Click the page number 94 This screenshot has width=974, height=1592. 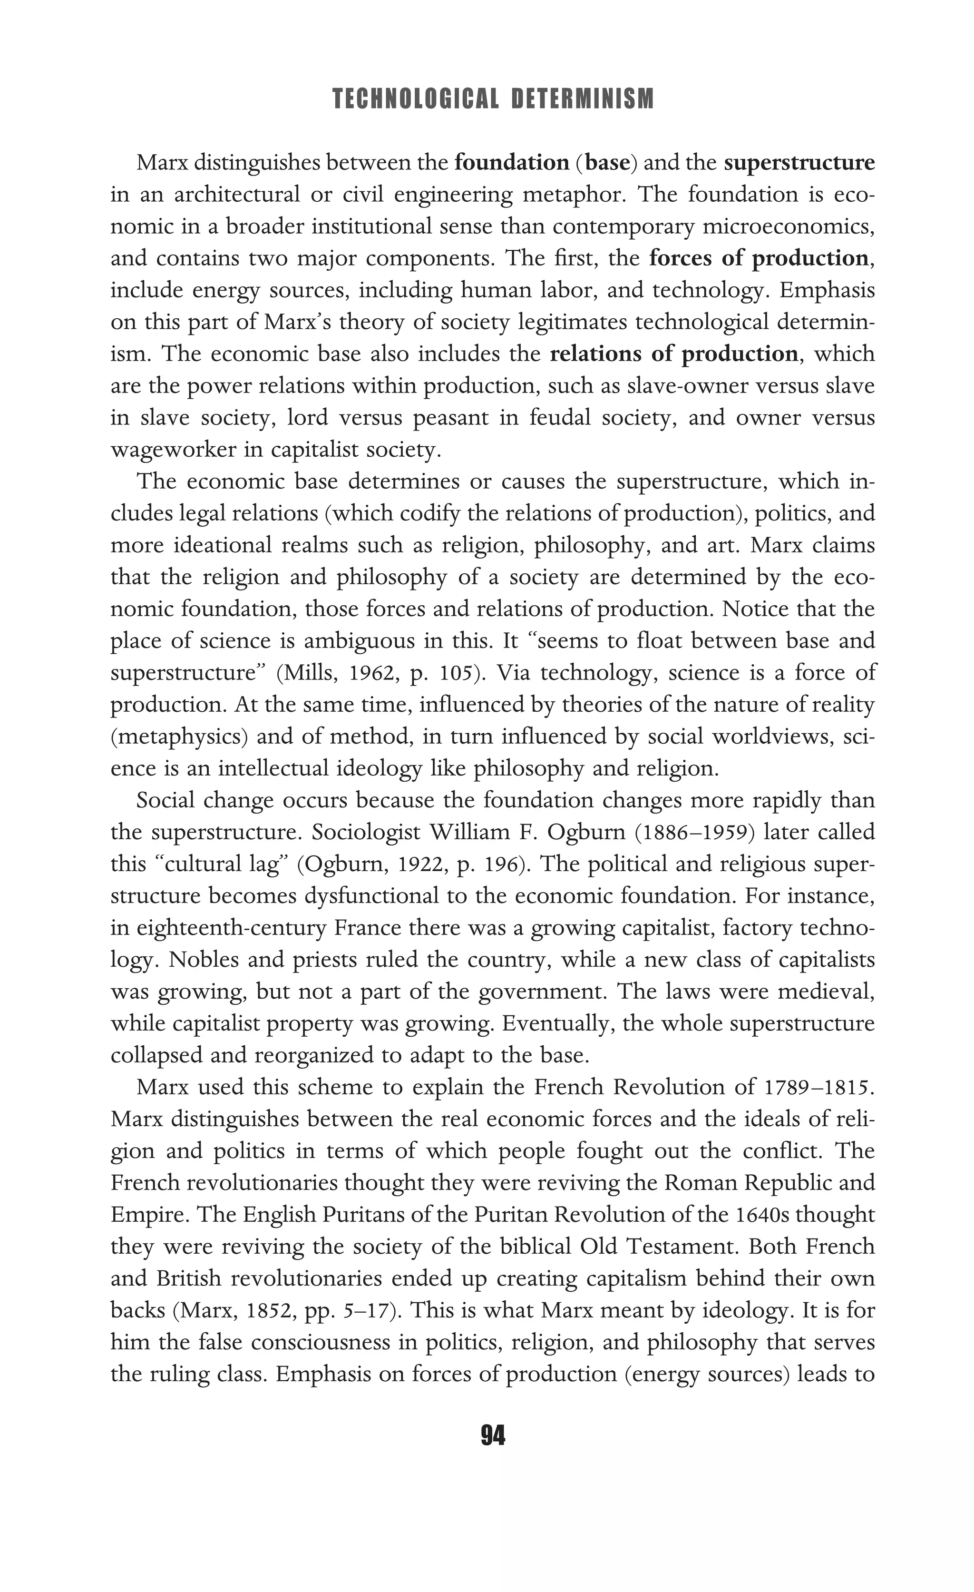click(x=493, y=1435)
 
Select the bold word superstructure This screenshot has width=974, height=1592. click(x=799, y=162)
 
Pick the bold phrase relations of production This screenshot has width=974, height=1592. click(x=673, y=354)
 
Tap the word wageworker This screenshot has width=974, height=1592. click(x=173, y=449)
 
